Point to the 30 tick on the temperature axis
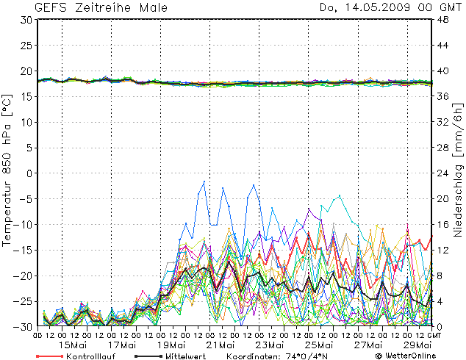tap(26, 21)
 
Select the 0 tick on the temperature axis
tap(29, 173)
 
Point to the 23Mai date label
tap(270, 344)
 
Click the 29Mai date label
tap(419, 344)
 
